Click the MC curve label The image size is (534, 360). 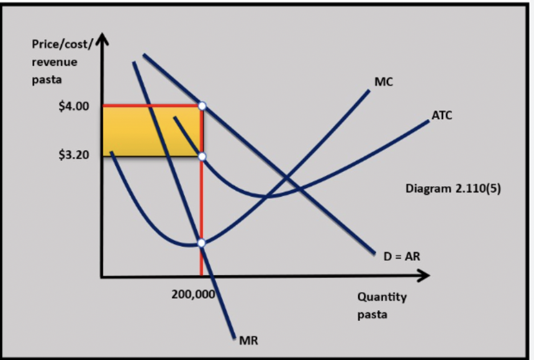[x=384, y=81]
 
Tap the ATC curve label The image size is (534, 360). [x=441, y=115]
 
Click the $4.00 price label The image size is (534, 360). [x=74, y=106]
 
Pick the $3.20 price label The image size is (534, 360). [x=74, y=155]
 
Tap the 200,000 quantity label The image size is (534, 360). [x=193, y=294]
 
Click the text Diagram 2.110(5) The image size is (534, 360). [x=453, y=188]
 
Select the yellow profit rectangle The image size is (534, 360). [x=151, y=131]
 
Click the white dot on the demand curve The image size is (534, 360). [x=202, y=106]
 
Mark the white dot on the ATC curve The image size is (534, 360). [x=202, y=156]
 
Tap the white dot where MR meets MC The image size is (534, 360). [x=201, y=243]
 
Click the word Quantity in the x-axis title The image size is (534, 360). [x=382, y=297]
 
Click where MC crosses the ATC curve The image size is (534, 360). [x=268, y=197]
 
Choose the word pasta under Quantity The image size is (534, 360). [x=372, y=314]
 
